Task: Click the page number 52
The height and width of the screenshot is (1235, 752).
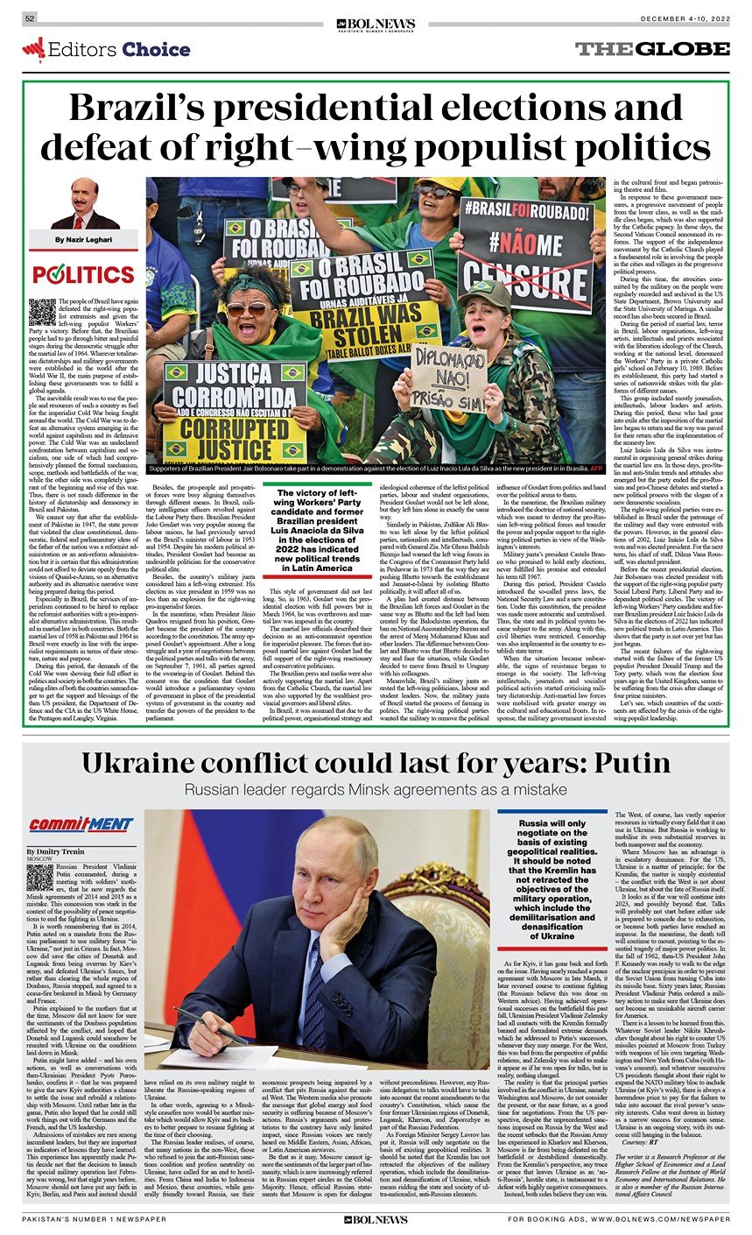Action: (x=30, y=18)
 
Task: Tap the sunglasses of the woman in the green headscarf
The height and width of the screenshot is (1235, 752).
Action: (x=248, y=308)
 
